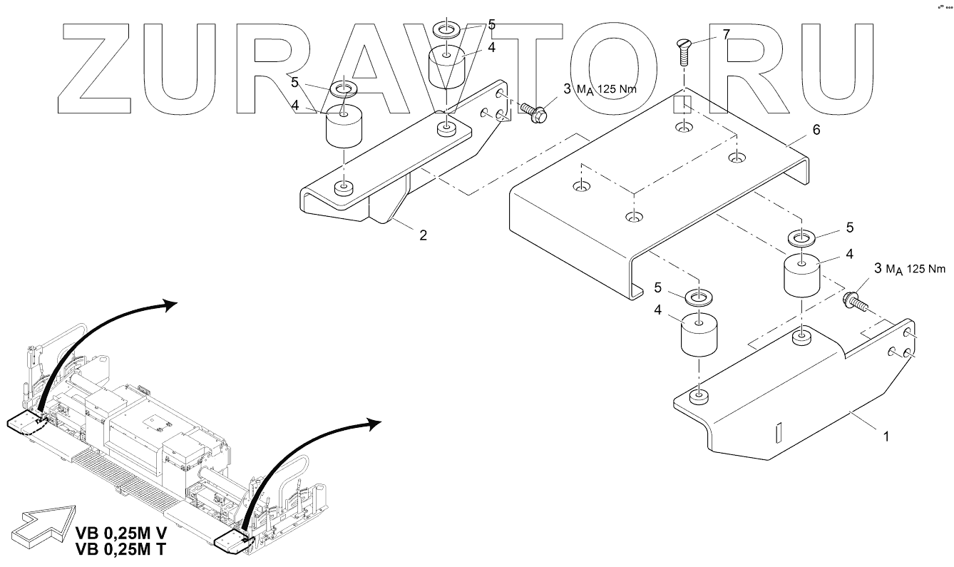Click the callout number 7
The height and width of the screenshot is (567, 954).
click(x=726, y=34)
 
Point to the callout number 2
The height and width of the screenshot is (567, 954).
click(x=423, y=235)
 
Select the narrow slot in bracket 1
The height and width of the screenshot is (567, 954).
click(x=779, y=432)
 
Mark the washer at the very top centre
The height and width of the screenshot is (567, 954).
click(x=447, y=31)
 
